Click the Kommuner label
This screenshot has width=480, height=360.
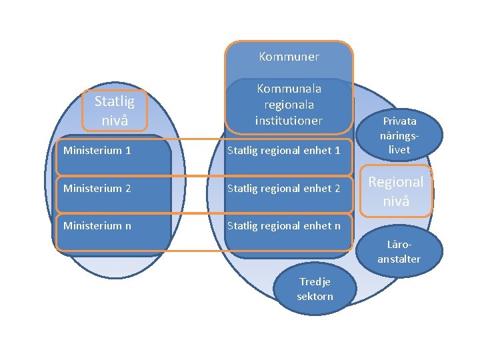pos(289,57)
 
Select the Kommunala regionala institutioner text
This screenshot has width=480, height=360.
pos(289,105)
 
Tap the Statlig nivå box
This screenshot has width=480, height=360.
pos(115,111)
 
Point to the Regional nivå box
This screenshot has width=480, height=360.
pos(396,191)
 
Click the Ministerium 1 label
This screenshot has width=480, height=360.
pos(97,150)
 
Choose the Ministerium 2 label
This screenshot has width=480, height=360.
pos(97,188)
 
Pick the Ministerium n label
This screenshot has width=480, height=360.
pos(97,226)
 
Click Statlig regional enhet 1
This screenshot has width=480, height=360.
pos(284,151)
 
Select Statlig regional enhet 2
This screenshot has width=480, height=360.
pos(284,189)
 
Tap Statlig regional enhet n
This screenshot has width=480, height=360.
pos(284,226)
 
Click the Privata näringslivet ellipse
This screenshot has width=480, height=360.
pos(399,135)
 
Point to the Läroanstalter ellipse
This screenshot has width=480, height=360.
pos(399,251)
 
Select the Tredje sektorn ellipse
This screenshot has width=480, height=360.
pos(315,289)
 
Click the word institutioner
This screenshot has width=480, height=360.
pos(289,121)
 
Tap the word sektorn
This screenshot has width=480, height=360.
pos(315,296)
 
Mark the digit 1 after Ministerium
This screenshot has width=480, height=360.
pos(128,150)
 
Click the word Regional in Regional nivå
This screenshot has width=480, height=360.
pos(396,183)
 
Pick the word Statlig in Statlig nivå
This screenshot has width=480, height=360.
pos(115,101)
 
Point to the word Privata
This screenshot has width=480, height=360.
pos(399,121)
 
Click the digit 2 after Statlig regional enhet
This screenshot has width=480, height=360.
pos(337,188)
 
